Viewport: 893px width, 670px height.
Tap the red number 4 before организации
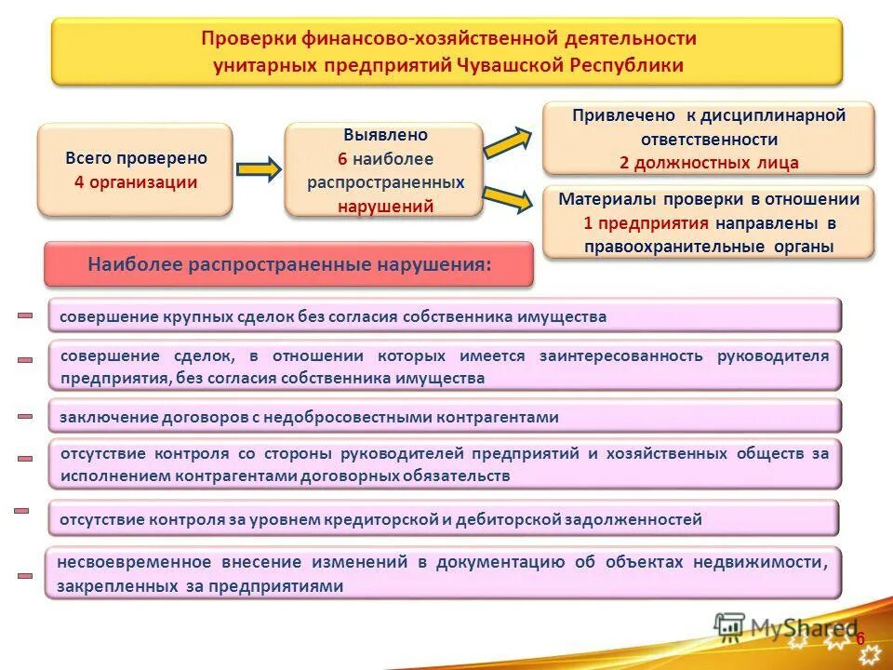(80, 182)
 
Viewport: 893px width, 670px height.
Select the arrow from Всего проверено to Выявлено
(258, 169)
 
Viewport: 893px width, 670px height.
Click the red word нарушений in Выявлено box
(385, 207)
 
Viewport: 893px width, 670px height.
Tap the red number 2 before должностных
(625, 164)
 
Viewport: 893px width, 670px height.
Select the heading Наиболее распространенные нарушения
(289, 263)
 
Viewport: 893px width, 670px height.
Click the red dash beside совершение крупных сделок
(25, 316)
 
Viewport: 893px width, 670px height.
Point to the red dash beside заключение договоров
(25, 417)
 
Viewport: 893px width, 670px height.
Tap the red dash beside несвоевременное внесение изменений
(25, 576)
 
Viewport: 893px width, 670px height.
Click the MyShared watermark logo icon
(729, 626)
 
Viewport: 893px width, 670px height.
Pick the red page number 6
(860, 639)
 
